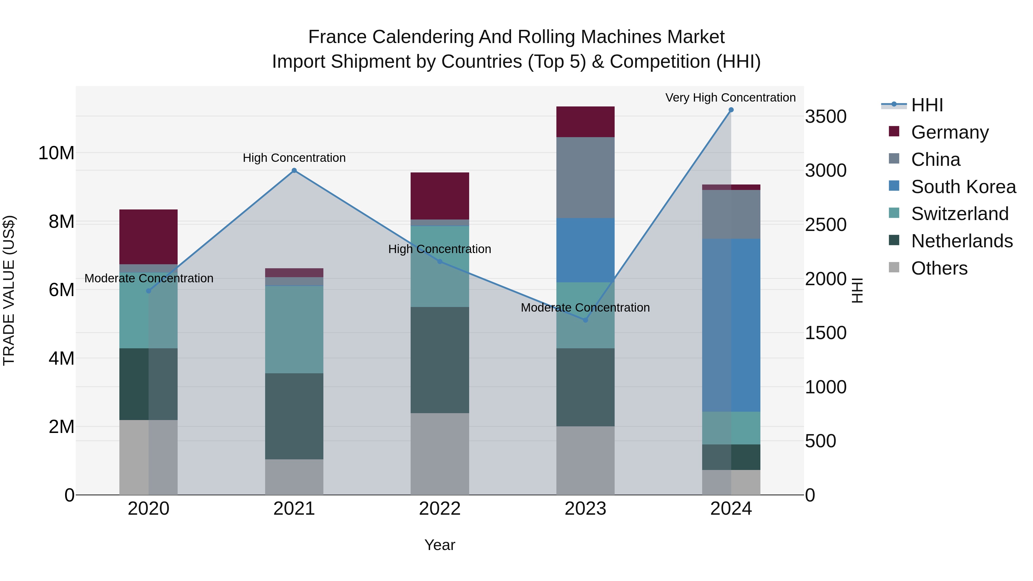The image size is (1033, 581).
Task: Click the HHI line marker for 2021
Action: click(294, 170)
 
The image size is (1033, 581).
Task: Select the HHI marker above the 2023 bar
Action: click(585, 320)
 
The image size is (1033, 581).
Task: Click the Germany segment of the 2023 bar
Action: click(585, 122)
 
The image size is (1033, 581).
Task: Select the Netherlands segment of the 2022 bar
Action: click(440, 360)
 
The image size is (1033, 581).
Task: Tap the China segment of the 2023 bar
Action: click(585, 178)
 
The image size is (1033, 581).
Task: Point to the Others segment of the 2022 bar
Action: click(440, 454)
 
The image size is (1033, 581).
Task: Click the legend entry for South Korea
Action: click(963, 187)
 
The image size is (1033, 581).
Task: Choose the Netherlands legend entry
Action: click(962, 241)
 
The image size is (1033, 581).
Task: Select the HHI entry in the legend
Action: click(927, 105)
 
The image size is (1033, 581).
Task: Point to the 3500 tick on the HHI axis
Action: click(826, 117)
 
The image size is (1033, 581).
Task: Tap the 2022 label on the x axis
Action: click(440, 509)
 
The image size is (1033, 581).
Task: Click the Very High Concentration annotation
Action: click(730, 98)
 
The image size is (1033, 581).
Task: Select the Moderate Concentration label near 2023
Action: click(585, 308)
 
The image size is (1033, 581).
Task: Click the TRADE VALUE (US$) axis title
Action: click(9, 290)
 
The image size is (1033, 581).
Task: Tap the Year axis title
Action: click(440, 545)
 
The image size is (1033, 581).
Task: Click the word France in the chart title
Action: click(337, 37)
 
